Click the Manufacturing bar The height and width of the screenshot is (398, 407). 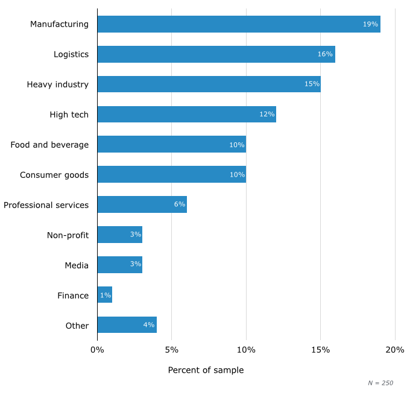coord(238,24)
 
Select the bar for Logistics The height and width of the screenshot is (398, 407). coord(216,54)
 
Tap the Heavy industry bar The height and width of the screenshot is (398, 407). coord(209,84)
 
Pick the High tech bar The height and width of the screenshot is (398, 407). coord(186,115)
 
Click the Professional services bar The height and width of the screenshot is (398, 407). coord(142,204)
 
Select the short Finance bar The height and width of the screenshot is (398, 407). coord(104,295)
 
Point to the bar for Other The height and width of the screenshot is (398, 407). coord(127,325)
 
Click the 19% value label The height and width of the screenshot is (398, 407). coord(370,24)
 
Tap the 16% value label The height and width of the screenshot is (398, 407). coord(325,54)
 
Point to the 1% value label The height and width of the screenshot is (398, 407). coord(105,295)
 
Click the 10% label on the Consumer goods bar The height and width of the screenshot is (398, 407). coord(236,175)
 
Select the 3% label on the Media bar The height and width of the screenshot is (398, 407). coord(135,265)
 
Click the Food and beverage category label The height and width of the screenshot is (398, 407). coord(49,145)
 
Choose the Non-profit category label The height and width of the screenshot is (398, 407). coord(68,235)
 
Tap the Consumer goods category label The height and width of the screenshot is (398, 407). coord(54,175)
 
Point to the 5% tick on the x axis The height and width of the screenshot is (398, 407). coord(171,350)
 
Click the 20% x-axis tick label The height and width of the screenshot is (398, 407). coord(395,350)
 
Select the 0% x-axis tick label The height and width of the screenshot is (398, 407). coord(97,350)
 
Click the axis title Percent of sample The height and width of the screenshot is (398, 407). coord(206,370)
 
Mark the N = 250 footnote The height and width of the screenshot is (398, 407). coord(380,383)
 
